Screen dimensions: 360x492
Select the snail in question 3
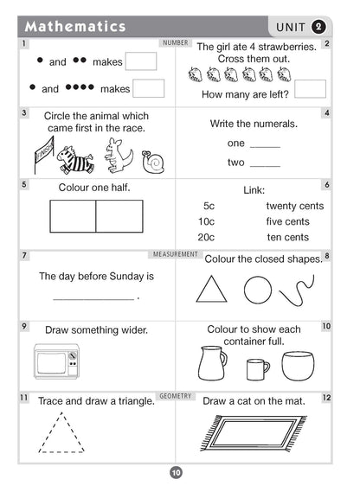154,162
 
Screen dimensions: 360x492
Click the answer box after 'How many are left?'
310,89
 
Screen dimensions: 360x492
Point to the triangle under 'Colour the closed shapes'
210,289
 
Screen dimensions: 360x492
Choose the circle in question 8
258,289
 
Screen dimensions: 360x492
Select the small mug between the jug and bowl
257,369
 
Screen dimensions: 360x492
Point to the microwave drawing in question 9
57,361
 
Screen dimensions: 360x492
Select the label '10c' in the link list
206,221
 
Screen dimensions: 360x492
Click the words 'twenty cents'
294,206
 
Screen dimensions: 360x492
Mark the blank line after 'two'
265,163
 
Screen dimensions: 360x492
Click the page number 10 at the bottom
176,472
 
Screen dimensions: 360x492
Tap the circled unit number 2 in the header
319,26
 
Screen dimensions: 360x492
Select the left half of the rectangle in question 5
73,216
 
